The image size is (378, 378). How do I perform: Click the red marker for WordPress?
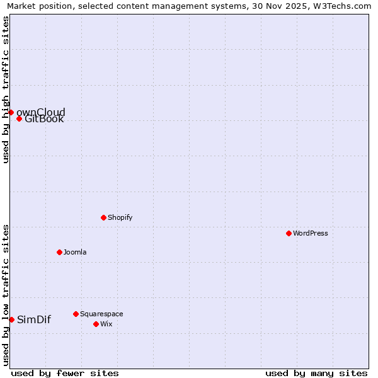pos(289,233)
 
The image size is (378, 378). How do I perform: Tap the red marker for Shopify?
pos(103,217)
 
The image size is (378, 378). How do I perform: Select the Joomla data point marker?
pos(59,252)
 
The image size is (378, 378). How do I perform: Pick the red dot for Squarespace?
pos(76,314)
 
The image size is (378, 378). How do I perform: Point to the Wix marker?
pos(96,324)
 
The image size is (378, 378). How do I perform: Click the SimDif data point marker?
pos(11,319)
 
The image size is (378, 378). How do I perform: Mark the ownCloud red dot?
pos(11,112)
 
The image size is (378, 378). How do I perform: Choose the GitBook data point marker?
pos(19,118)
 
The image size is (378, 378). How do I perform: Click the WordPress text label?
pos(311,233)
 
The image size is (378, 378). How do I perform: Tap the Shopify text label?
pos(120,217)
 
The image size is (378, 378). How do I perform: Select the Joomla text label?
pos(75,252)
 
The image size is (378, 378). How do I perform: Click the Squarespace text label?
pos(101,314)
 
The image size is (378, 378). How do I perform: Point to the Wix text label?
pos(106,324)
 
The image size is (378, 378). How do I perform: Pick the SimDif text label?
pos(34,319)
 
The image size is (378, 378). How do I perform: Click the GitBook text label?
pos(44,119)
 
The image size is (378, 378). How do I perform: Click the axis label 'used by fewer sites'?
pos(65,373)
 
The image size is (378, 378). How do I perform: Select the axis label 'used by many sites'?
pos(316,373)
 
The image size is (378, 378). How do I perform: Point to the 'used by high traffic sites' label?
pos(6,89)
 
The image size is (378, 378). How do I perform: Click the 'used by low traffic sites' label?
pos(6,294)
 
